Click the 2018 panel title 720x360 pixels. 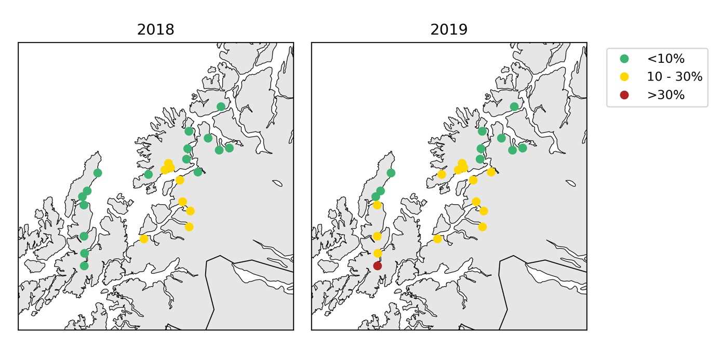point(155,30)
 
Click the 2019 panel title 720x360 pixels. point(449,30)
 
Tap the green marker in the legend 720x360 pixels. point(624,59)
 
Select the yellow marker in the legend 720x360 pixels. point(624,77)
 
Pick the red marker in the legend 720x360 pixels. point(624,95)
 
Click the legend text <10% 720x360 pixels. point(665,59)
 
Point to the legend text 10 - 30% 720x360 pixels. point(674,77)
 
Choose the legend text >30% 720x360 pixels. point(665,95)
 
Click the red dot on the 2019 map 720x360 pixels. point(378,266)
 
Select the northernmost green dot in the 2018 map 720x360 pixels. point(221,106)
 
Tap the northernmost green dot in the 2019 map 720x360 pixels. point(514,106)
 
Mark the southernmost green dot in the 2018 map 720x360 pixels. point(84,266)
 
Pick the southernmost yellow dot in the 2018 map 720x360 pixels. point(144,239)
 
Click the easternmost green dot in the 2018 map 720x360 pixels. point(229,148)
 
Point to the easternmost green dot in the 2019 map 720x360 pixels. point(523,148)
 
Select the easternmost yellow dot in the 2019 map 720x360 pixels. point(491,172)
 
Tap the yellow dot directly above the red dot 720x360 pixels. point(378,253)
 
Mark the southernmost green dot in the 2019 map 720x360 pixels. point(376,196)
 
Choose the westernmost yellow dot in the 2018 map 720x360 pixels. point(144,239)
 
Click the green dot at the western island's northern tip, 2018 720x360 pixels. point(98,173)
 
